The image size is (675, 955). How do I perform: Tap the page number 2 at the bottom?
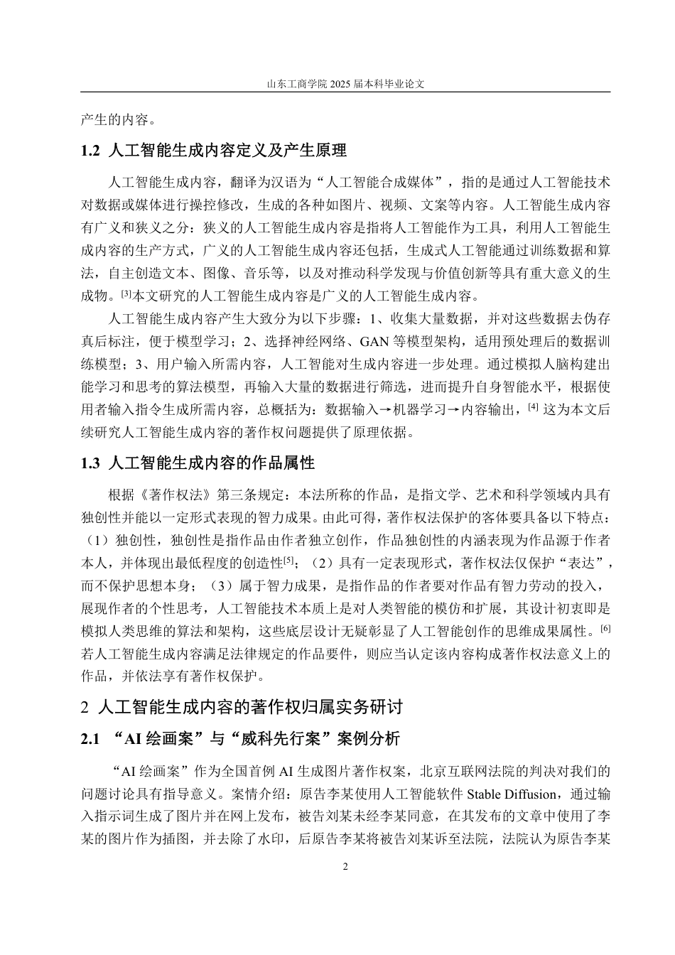[345, 866]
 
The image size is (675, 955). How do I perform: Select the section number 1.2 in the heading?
[92, 151]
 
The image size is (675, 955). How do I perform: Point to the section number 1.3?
[92, 463]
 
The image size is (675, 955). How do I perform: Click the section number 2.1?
[92, 739]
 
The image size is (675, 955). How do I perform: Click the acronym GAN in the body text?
[374, 342]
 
